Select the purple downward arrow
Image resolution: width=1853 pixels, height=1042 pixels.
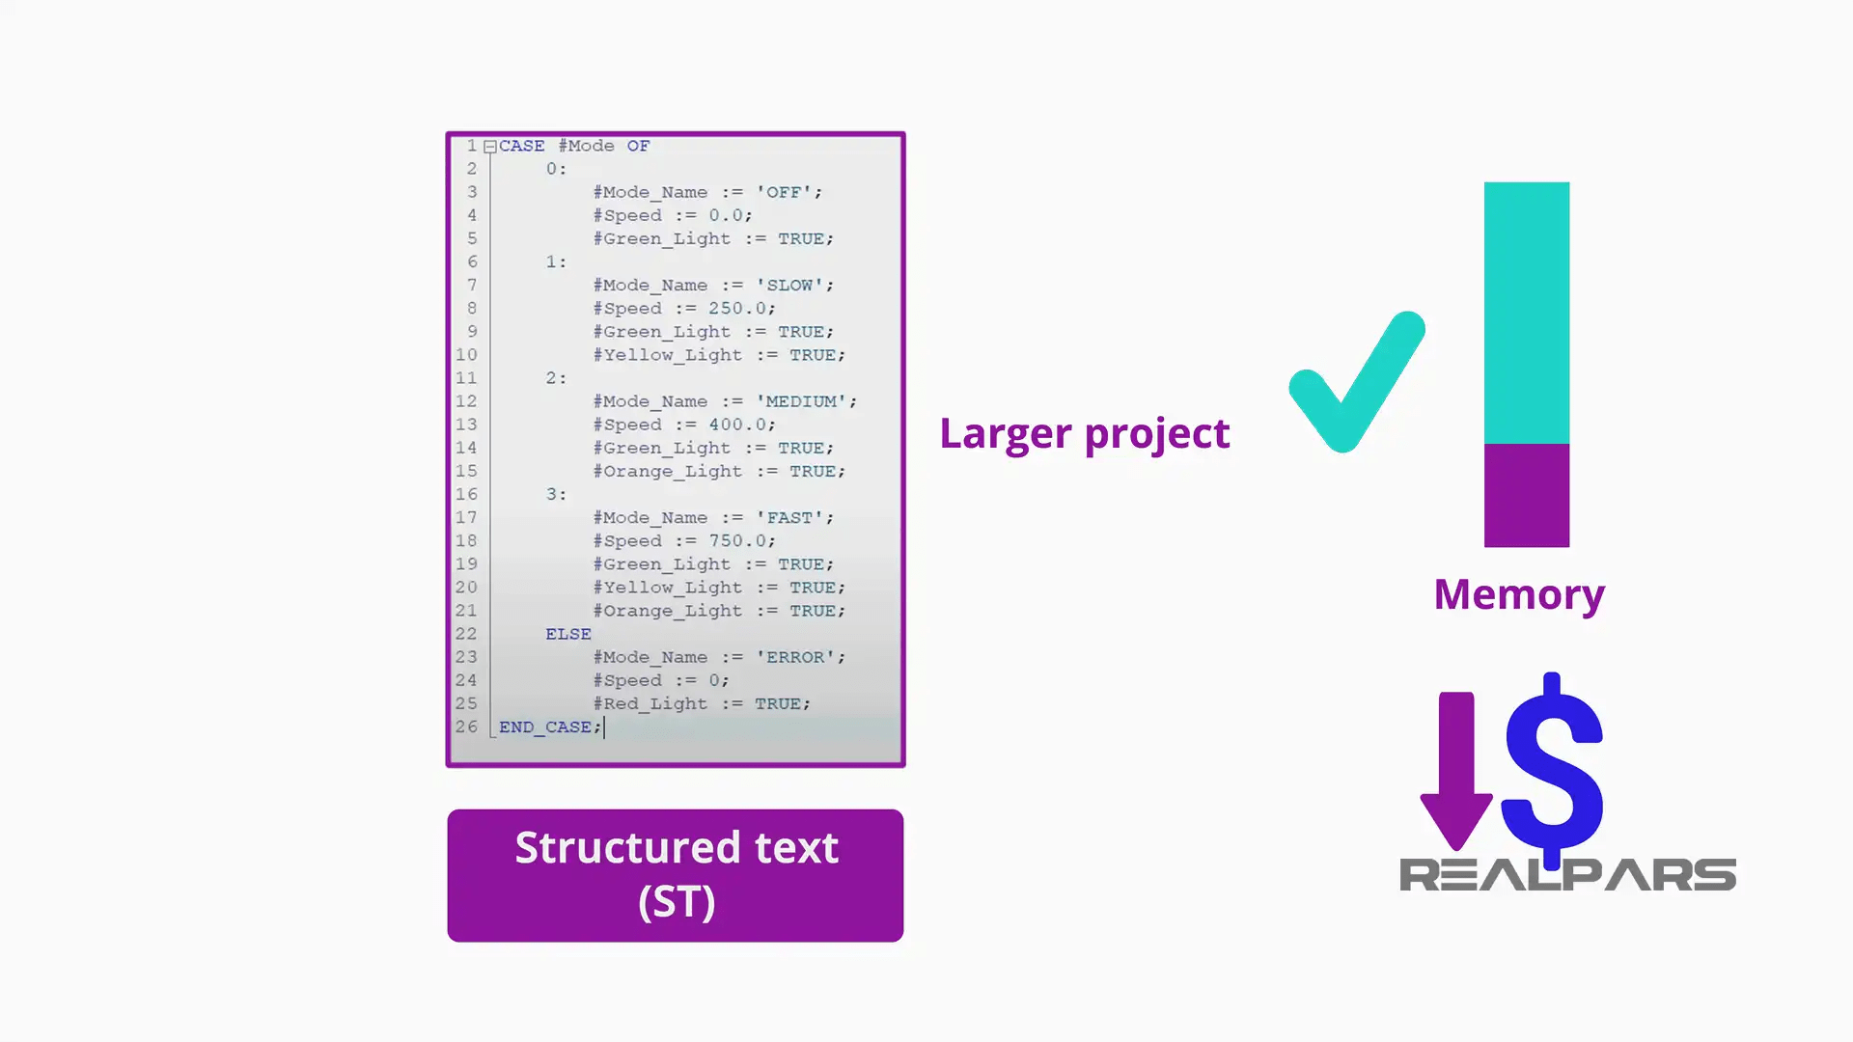(1456, 767)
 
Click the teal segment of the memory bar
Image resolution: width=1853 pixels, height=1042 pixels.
(1526, 313)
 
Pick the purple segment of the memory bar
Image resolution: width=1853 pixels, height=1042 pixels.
(1526, 495)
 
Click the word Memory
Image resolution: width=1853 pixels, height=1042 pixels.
(1519, 594)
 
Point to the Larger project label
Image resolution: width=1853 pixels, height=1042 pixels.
(1084, 433)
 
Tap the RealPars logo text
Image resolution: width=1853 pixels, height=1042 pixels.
(1567, 875)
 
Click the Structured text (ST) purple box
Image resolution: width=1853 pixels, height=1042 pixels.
(676, 875)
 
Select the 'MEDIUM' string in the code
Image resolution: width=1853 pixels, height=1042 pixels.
(805, 401)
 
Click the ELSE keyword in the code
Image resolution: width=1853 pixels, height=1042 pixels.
(567, 634)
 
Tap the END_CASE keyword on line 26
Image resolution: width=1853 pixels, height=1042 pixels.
(544, 727)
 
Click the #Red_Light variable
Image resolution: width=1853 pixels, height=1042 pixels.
(650, 703)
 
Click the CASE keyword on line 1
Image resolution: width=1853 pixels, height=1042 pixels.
(521, 146)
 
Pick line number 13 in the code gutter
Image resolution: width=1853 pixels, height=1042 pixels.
(466, 425)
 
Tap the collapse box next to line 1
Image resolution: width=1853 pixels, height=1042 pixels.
(490, 147)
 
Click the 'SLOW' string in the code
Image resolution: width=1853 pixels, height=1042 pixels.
(794, 286)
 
